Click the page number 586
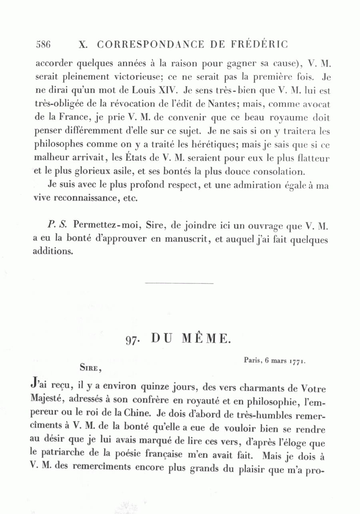click(x=43, y=44)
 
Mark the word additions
click(x=53, y=253)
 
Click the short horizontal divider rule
click(x=179, y=284)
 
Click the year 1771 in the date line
click(x=297, y=361)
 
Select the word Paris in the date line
click(x=252, y=360)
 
